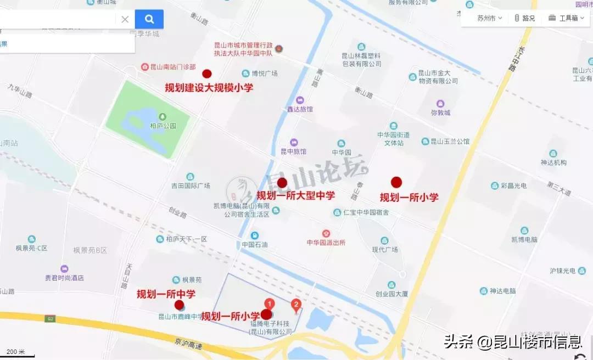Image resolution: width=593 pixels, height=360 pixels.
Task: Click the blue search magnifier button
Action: click(x=149, y=19)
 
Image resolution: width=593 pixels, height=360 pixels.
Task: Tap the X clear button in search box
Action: click(x=125, y=19)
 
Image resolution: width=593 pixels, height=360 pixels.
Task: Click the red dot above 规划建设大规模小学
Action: click(x=207, y=74)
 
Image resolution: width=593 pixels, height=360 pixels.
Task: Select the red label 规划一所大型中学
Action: click(x=295, y=195)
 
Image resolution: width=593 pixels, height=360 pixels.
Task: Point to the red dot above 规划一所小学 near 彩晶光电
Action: click(x=396, y=182)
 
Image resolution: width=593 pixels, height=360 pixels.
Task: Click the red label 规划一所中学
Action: click(x=166, y=294)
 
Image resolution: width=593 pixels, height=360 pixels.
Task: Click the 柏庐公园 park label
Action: click(x=163, y=125)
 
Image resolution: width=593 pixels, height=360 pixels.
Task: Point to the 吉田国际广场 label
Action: click(x=191, y=185)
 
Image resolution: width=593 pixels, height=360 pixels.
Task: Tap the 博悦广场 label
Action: click(x=264, y=74)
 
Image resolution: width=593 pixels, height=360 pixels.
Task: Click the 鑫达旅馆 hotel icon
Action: click(x=300, y=100)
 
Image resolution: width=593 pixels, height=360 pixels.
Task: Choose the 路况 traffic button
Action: click(x=525, y=18)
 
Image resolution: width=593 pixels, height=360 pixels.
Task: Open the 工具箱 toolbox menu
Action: click(x=565, y=18)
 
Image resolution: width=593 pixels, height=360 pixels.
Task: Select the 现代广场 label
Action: click(x=384, y=249)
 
